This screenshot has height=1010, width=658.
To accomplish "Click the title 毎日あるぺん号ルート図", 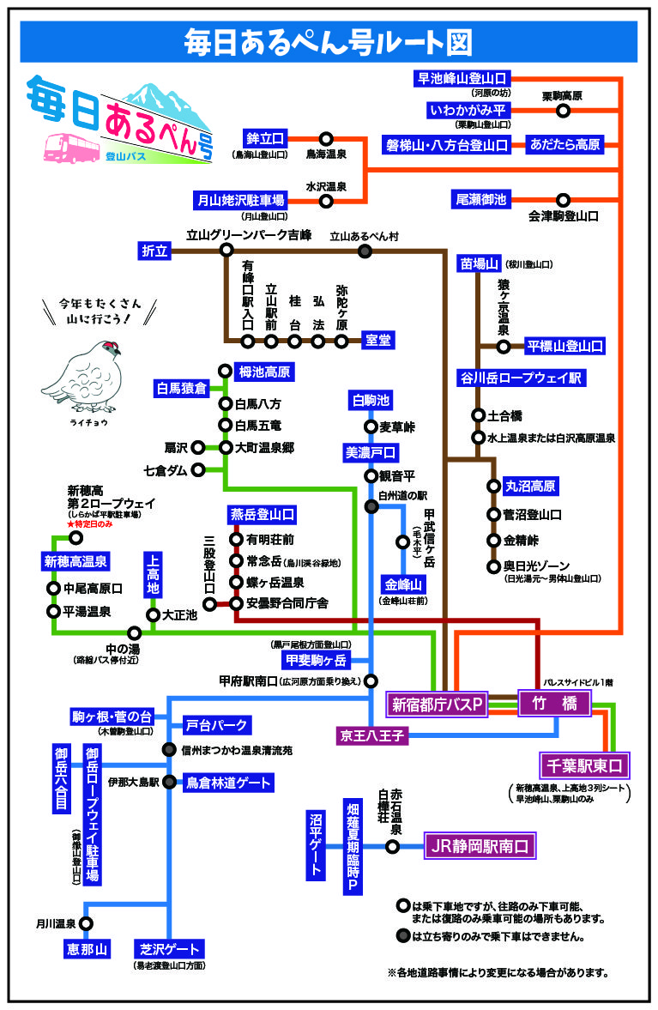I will point(329,40).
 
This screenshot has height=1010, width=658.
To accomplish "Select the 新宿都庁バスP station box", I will point(438,705).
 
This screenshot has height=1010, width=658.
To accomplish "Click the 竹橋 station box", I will point(554,705).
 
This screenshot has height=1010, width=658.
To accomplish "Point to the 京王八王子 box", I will point(371,735).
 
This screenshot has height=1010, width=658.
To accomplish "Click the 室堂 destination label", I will point(377,341).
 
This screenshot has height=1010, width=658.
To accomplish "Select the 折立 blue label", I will point(156,250).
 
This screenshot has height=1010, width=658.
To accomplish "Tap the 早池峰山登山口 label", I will point(462,79).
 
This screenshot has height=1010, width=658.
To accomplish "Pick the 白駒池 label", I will point(371,400).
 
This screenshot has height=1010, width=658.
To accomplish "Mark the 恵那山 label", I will point(87,949).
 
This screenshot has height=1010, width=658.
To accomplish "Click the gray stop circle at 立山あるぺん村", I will point(365,251).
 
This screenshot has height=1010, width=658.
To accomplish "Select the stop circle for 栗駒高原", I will point(564,111).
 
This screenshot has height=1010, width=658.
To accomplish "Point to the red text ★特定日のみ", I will point(89,523).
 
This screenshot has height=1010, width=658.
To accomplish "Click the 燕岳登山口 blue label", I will point(262,514).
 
